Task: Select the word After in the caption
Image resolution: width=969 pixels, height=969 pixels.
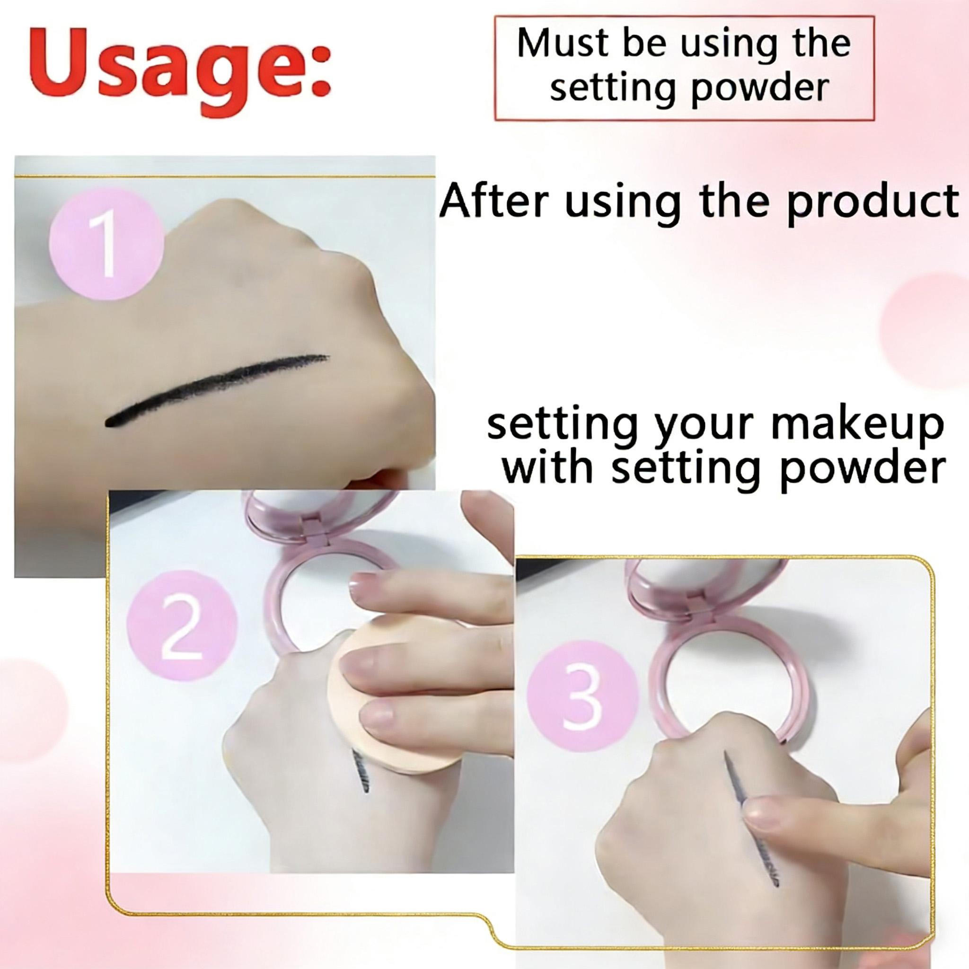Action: click(496, 201)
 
